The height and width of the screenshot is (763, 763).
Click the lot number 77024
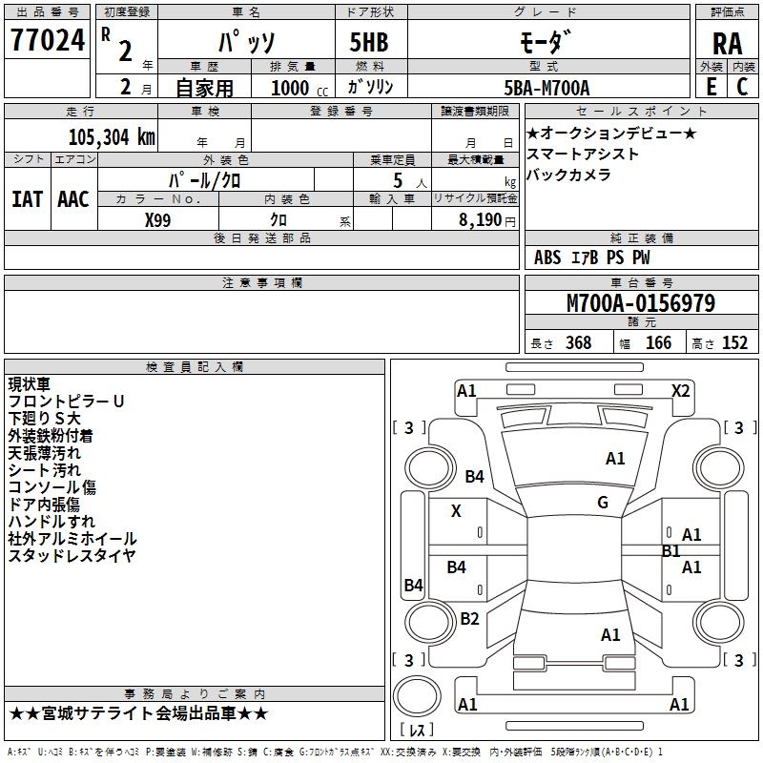click(x=47, y=40)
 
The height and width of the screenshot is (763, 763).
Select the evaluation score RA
click(x=727, y=43)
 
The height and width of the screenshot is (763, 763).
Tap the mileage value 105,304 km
click(x=112, y=137)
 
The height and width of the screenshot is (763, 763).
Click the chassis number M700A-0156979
click(x=641, y=303)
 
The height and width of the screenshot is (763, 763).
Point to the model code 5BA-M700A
click(x=546, y=88)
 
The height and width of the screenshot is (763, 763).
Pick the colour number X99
click(x=158, y=219)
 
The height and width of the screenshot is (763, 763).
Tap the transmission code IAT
click(x=27, y=199)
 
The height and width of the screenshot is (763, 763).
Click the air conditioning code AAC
click(x=73, y=199)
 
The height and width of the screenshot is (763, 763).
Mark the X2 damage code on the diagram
click(x=680, y=390)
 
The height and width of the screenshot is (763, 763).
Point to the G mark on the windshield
click(x=603, y=503)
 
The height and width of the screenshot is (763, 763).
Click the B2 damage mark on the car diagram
click(x=469, y=619)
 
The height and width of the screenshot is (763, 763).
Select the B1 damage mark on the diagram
click(x=670, y=551)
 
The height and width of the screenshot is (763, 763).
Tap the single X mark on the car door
click(x=456, y=511)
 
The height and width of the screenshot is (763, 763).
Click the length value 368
click(x=578, y=343)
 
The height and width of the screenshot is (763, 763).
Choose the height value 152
click(x=734, y=343)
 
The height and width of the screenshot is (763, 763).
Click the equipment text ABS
click(x=547, y=258)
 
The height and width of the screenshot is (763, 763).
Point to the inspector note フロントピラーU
click(x=66, y=402)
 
